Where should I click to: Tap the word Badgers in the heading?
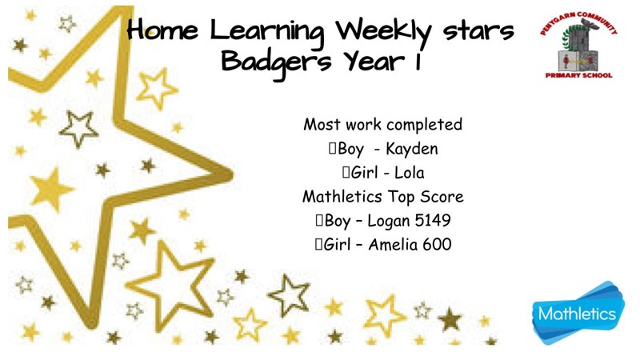click(276, 63)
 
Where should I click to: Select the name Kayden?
click(411, 150)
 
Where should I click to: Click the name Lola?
click(410, 173)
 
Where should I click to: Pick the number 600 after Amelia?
click(437, 245)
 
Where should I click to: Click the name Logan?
click(389, 222)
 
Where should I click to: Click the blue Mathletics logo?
click(578, 313)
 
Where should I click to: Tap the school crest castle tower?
click(578, 48)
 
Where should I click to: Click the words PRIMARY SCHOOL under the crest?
click(578, 75)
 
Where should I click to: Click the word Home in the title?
click(162, 30)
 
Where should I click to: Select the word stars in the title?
click(478, 32)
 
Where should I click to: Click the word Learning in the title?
click(267, 33)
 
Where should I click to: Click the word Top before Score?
click(402, 197)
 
